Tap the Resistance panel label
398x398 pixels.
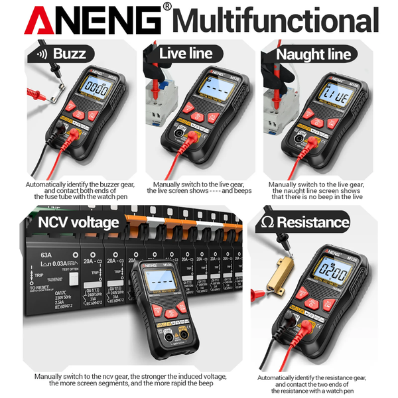(312, 222)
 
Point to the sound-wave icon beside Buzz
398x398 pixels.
(40, 54)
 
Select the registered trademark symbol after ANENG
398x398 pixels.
(167, 7)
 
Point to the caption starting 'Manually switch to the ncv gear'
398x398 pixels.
(131, 379)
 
